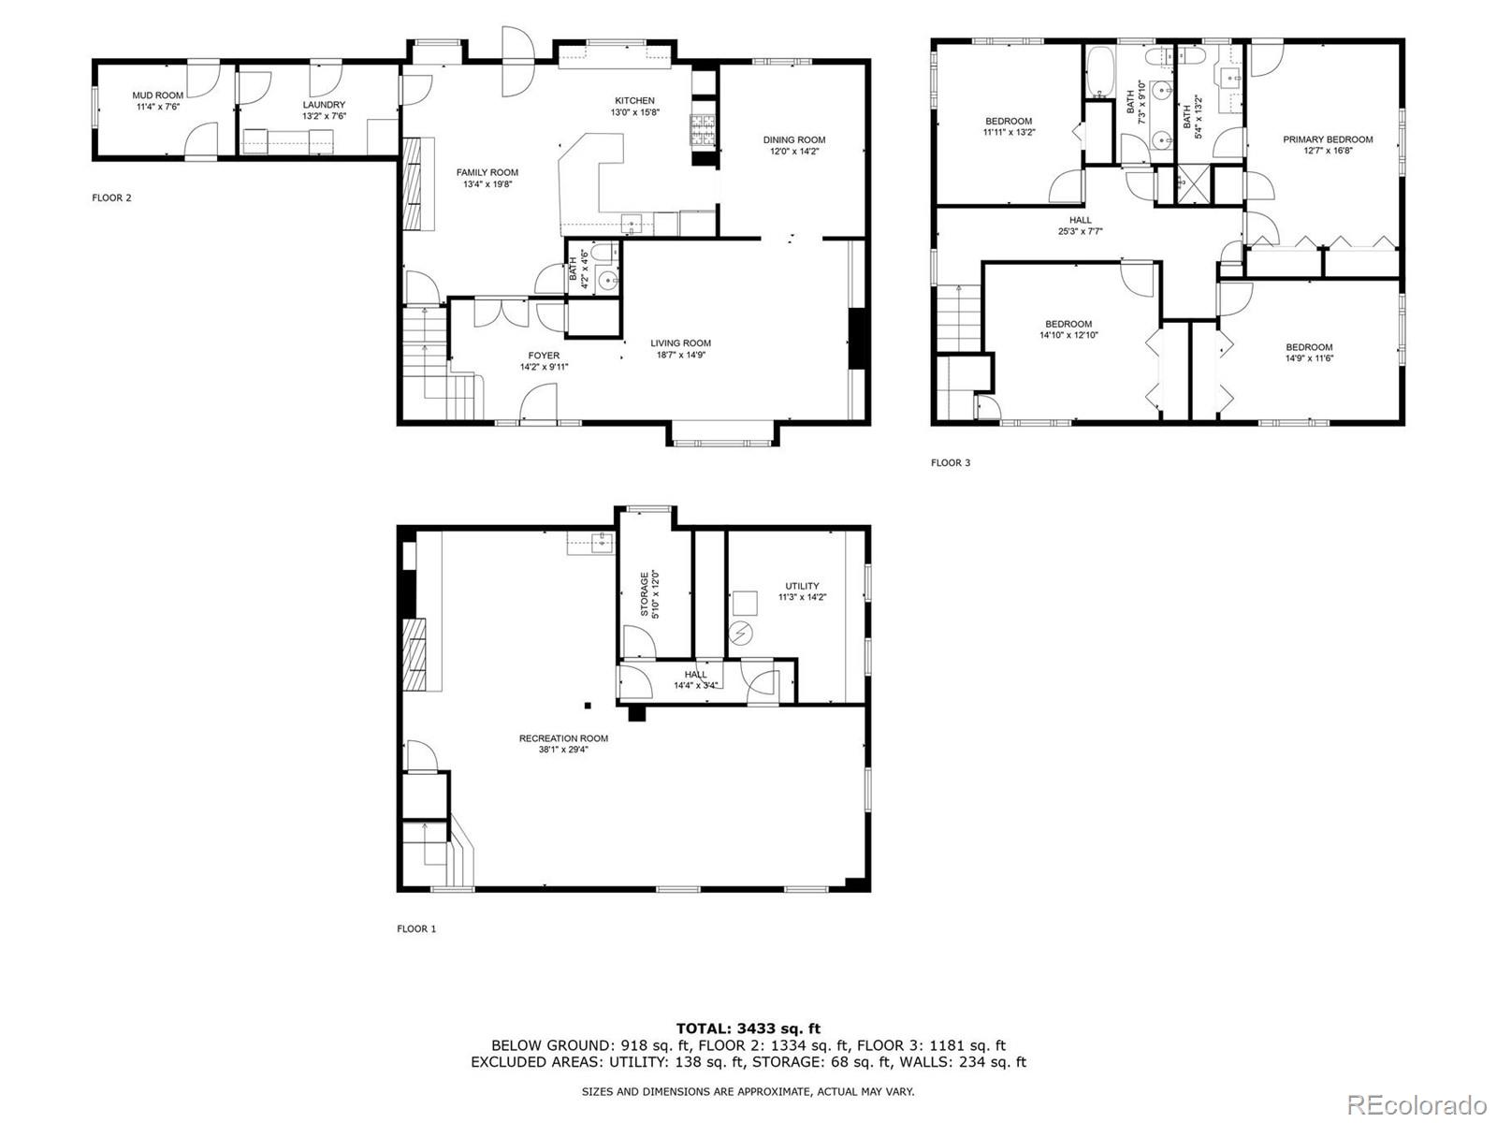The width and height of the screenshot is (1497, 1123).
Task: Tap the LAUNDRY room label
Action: coord(324,105)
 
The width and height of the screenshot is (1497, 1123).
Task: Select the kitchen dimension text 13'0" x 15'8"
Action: coord(635,112)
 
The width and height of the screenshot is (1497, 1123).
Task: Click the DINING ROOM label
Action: coord(794,139)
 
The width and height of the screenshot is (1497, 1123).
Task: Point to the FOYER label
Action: coord(544,356)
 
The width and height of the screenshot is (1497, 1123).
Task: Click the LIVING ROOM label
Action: coord(681,343)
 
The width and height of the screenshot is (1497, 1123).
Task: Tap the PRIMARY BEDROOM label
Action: coord(1328,139)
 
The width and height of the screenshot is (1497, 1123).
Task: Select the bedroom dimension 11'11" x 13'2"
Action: coord(1009,133)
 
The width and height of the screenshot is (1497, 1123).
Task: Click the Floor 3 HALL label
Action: coord(1081,220)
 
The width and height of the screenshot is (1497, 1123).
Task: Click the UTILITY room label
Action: coord(802,586)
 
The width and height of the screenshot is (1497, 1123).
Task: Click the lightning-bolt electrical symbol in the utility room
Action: coord(740,634)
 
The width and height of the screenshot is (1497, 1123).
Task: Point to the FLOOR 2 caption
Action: coord(111,197)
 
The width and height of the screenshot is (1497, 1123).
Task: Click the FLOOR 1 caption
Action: coord(416,929)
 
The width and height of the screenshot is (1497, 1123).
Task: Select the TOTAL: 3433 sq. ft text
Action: coord(748,1028)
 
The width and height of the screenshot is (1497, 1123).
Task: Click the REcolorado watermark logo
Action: coord(1422,1104)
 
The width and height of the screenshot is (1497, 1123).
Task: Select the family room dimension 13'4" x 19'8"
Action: coord(487,184)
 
